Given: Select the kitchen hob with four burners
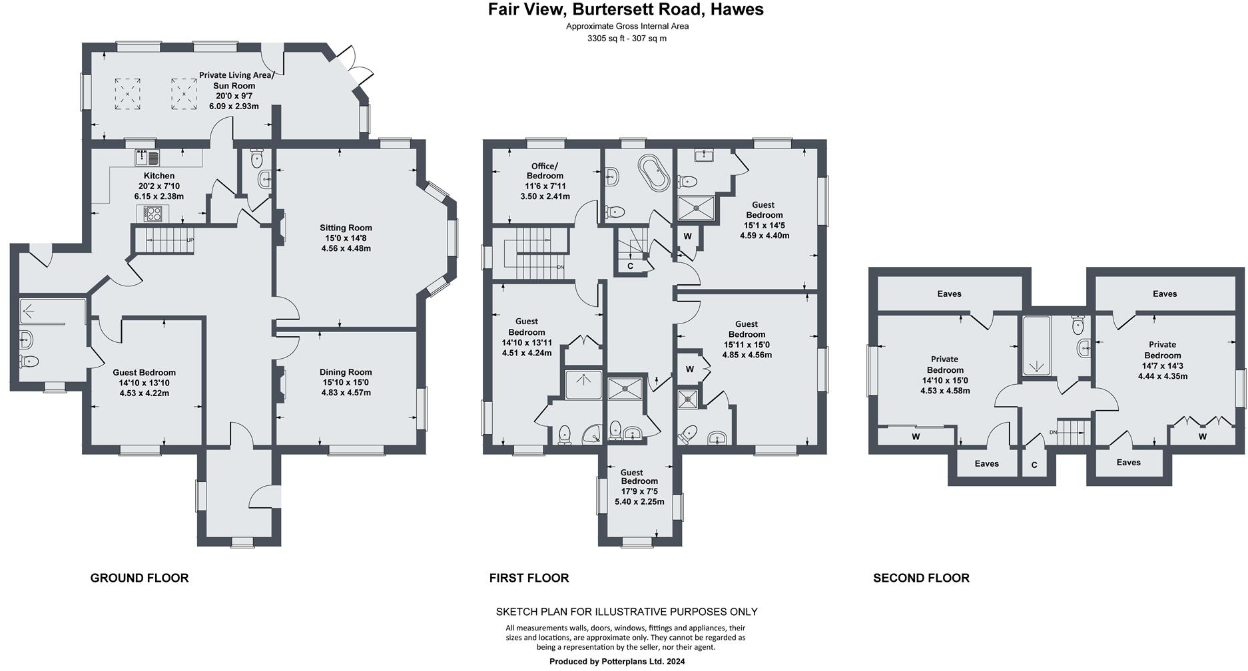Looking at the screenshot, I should point(153,214).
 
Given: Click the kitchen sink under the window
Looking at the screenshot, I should point(148,158).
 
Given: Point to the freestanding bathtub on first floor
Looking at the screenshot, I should point(653,173).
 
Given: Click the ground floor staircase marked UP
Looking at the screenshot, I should point(164,240).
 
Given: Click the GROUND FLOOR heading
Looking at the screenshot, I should point(139,578).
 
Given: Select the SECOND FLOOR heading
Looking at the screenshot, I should point(921,578).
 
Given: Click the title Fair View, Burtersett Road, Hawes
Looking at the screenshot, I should point(625,10).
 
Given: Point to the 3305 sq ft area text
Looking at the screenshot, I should point(627,39).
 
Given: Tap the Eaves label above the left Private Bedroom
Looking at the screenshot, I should point(949,294).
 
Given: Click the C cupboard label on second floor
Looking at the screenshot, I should point(1034,465).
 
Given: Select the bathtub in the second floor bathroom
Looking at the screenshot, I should point(1036,345).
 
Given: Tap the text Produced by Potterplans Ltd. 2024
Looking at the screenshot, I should point(617,661).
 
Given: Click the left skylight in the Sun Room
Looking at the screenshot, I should point(127,94).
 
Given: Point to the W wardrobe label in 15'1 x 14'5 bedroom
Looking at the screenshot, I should point(687,236).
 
